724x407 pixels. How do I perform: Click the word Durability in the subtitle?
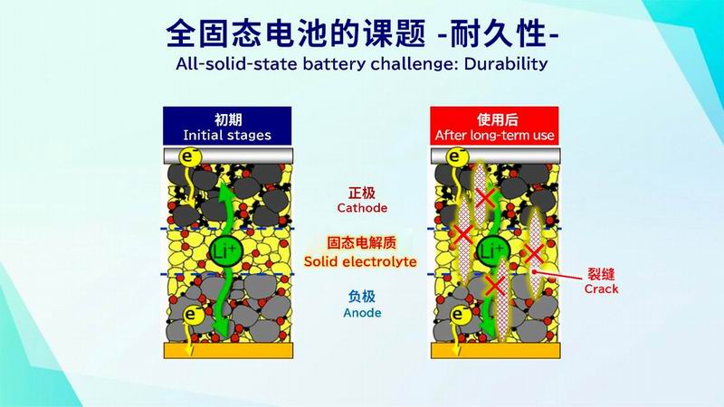[x=506, y=63]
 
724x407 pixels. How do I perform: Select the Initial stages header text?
[x=227, y=135]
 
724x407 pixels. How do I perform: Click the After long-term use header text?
[x=494, y=135]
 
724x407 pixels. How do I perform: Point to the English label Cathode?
[x=362, y=208]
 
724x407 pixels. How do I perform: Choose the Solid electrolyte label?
[x=360, y=261]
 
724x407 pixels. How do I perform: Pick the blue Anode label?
[x=362, y=313]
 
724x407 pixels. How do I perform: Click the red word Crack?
[x=601, y=289]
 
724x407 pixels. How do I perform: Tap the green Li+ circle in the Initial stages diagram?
[x=225, y=251]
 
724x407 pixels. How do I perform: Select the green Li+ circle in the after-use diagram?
[x=492, y=251]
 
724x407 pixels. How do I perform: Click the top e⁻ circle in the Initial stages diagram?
[x=190, y=156]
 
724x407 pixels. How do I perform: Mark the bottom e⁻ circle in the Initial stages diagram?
[x=193, y=315]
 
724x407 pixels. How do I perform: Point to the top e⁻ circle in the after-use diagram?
[x=457, y=156]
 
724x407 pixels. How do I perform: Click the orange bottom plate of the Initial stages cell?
[x=229, y=351]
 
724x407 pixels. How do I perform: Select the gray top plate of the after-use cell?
[x=495, y=156]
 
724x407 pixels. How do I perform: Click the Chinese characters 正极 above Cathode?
[x=362, y=193]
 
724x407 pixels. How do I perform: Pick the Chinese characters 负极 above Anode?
[x=362, y=297]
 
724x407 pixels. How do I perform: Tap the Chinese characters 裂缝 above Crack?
[x=601, y=274]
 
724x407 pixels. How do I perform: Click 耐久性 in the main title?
[x=499, y=33]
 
